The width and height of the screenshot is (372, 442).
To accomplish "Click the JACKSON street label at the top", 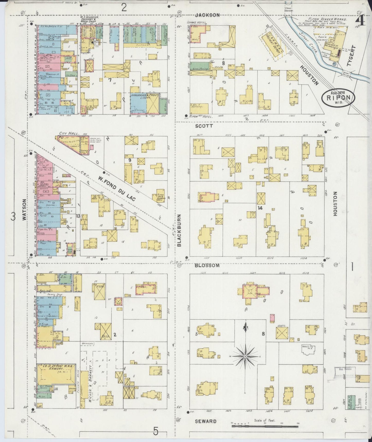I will click(x=211, y=15).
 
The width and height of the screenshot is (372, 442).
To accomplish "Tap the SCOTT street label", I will click(x=204, y=126).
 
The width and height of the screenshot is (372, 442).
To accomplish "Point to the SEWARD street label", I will click(x=205, y=421).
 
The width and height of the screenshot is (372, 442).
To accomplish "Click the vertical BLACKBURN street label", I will click(x=179, y=231).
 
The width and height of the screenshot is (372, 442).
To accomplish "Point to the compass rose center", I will click(x=245, y=356).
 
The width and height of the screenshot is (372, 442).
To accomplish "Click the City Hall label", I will click(x=66, y=133).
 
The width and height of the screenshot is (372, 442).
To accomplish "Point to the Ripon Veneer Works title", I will click(x=331, y=20).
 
